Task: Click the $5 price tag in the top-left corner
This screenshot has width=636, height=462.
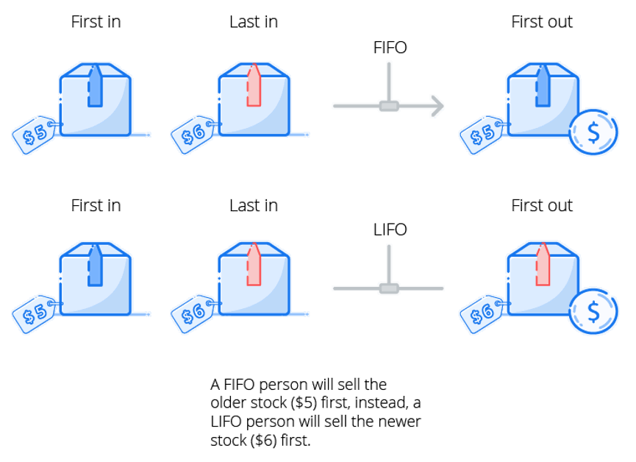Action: [35, 134]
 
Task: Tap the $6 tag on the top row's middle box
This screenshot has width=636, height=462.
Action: [193, 134]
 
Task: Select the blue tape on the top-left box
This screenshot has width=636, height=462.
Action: [95, 86]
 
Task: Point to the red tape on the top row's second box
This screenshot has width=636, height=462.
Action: [254, 86]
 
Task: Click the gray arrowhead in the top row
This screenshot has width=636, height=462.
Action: [437, 106]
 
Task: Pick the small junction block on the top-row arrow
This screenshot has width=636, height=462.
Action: [389, 106]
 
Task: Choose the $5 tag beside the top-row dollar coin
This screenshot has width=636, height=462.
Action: [482, 134]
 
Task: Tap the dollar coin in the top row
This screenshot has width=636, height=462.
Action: [593, 132]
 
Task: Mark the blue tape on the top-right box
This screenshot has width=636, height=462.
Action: [543, 86]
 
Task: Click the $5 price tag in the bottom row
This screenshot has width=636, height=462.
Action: [35, 313]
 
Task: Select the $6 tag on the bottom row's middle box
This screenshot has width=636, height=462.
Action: [193, 313]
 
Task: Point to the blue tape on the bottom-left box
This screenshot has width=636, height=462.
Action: [95, 266]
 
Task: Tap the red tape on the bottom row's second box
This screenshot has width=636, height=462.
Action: [254, 266]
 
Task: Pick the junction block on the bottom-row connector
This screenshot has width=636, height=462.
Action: [389, 288]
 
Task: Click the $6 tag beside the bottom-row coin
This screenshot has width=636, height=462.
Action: [482, 313]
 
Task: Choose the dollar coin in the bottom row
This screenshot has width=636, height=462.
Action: [593, 311]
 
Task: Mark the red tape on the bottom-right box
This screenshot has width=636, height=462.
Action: [543, 266]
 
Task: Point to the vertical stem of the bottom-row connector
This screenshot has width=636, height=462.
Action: [389, 262]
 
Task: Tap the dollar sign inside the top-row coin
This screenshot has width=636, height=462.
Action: [593, 132]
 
